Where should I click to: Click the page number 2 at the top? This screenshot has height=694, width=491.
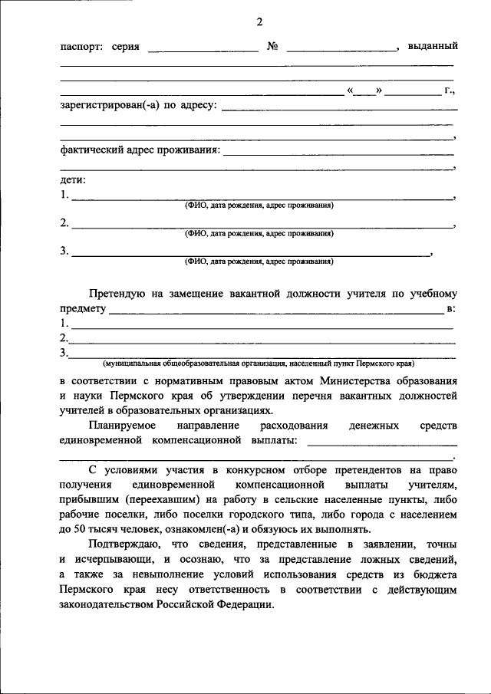point(259,21)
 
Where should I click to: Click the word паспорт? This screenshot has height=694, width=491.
point(81,48)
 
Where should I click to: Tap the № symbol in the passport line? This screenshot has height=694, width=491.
point(272,47)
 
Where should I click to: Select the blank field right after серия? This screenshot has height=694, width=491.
point(203,48)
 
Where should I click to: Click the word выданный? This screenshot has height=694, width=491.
point(433,47)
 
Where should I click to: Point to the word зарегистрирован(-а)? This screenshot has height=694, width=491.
point(110,105)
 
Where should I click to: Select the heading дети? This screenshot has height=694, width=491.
point(74,180)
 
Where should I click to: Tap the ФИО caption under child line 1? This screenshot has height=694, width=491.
point(259,206)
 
